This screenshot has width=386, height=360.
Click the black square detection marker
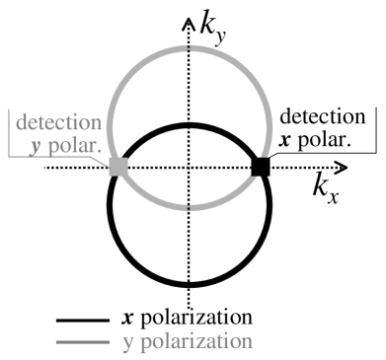[x=261, y=167]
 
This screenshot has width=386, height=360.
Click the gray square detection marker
[x=117, y=167]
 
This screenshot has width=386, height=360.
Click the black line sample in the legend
[x=78, y=320]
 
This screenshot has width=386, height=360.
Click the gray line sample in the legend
[x=78, y=341]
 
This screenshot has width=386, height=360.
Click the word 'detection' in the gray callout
[x=54, y=123]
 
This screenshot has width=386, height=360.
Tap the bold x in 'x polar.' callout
[x=285, y=139]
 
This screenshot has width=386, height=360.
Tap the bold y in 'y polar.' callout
[x=39, y=147]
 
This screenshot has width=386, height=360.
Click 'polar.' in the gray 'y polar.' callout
[x=75, y=147]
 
